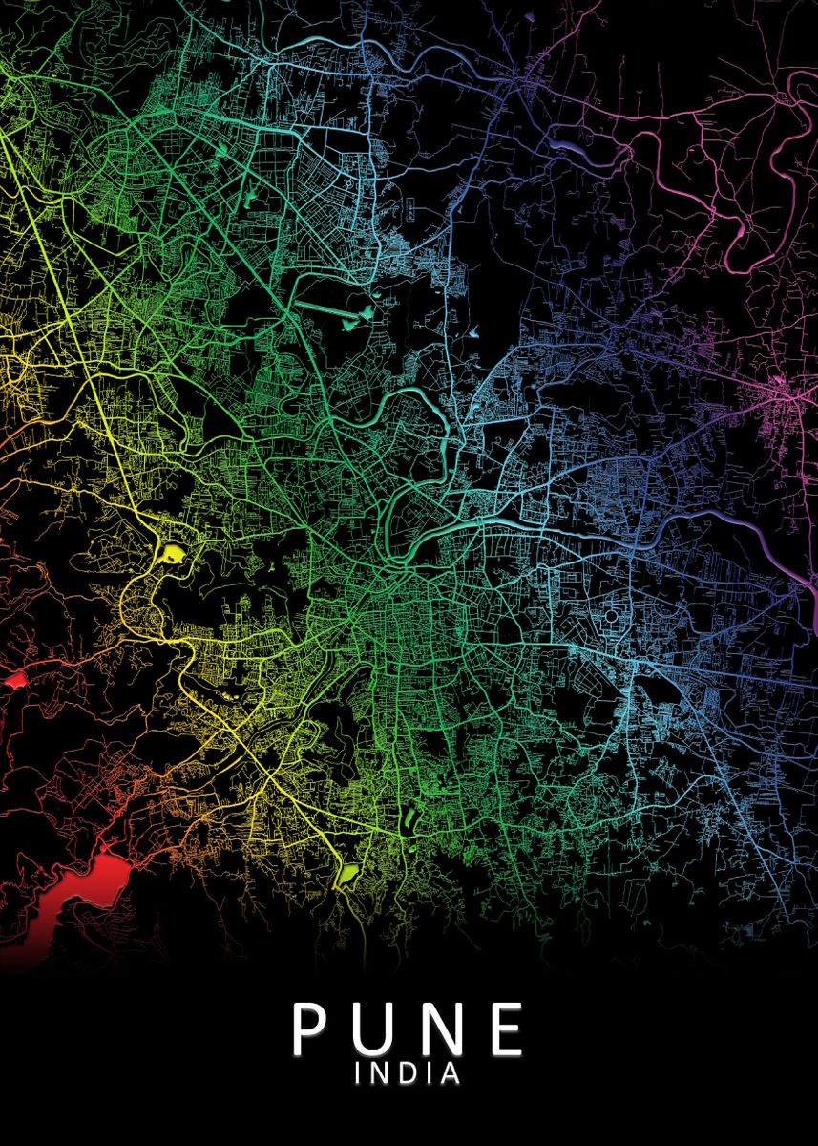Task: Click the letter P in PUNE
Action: [x=311, y=1028]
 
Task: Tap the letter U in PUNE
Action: [x=373, y=1029]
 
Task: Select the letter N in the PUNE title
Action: [x=438, y=1028]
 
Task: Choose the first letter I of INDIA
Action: [x=359, y=1073]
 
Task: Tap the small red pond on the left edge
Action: [x=15, y=680]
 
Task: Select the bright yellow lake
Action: [x=173, y=552]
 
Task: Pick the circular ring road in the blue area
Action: [x=611, y=617]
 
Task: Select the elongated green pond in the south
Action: [x=411, y=817]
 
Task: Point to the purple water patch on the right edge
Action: [x=814, y=602]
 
